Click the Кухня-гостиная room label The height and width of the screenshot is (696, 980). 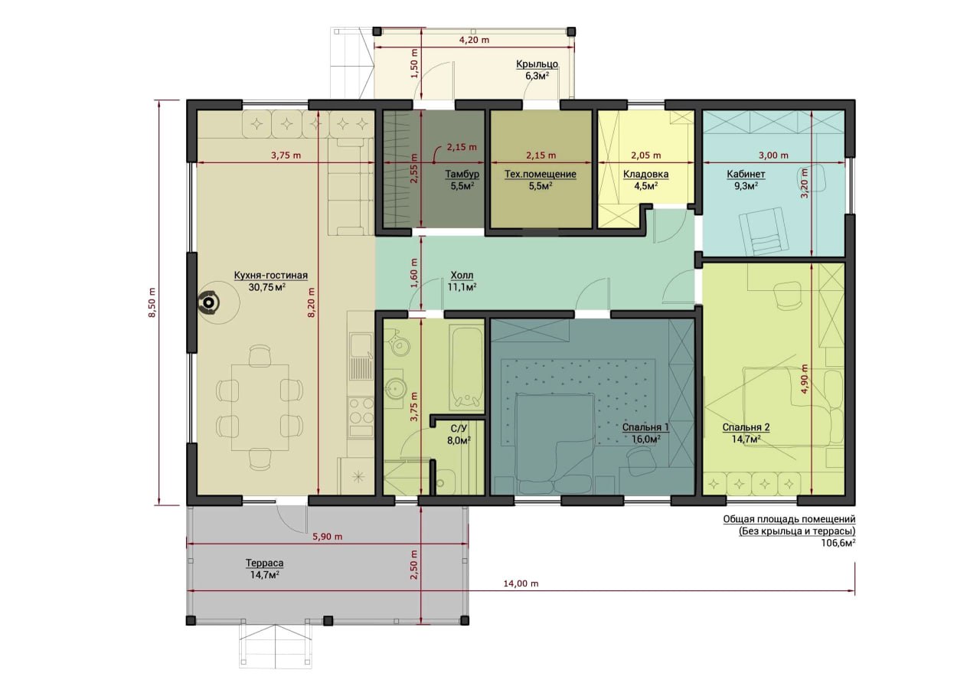271,276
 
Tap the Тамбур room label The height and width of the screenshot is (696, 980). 462,174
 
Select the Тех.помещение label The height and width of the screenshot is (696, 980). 541,174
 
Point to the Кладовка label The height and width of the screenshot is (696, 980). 645,174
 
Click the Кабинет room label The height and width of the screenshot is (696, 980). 746,174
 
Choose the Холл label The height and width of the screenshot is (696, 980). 462,276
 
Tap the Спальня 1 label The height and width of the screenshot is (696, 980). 645,427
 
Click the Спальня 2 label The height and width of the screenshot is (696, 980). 746,427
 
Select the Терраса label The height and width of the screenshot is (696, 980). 264,563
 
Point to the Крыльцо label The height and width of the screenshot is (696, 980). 537,64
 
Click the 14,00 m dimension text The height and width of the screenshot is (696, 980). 521,583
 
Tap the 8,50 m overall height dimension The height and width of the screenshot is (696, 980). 152,302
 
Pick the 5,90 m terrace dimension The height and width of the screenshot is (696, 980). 328,536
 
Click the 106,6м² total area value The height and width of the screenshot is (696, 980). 838,543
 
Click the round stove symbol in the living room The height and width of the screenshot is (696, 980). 209,302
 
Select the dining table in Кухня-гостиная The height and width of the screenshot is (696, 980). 260,407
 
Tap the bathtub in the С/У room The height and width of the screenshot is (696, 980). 465,367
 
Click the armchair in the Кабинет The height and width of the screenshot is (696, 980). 762,231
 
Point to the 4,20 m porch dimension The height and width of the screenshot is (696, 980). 474,41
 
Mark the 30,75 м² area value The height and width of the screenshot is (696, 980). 267,287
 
